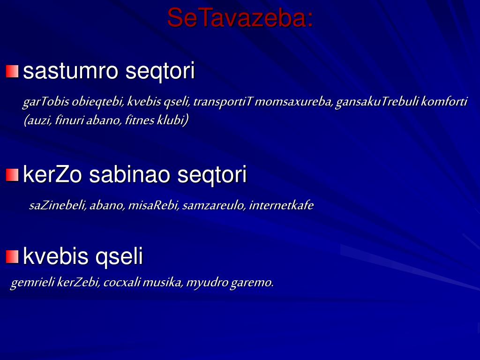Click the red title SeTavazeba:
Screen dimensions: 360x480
click(240, 18)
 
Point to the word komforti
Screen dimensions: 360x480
click(444, 102)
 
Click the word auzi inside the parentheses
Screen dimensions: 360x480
click(38, 120)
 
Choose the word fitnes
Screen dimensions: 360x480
click(140, 120)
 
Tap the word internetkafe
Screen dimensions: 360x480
click(281, 205)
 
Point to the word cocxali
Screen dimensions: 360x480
click(121, 283)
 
